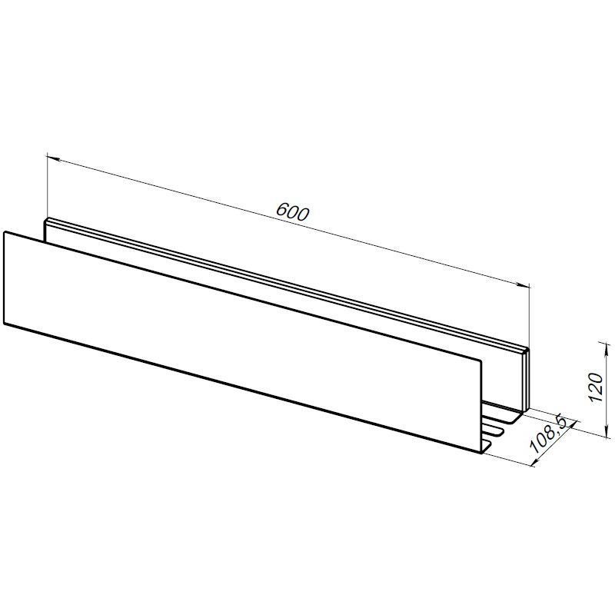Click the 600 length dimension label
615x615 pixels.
293,212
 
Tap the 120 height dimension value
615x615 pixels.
596,387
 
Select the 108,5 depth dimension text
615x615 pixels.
548,435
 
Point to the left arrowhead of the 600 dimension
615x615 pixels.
53,159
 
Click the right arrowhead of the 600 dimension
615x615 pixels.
524,285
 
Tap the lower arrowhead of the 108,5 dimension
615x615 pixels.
539,461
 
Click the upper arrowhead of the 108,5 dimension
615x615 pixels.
572,425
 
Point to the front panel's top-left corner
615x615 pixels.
5,232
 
